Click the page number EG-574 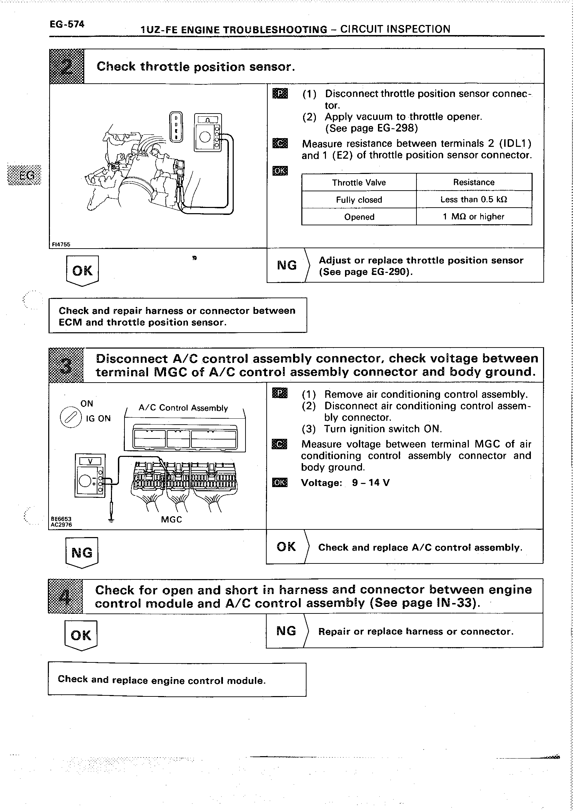click(67, 24)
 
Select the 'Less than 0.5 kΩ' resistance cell click(474, 200)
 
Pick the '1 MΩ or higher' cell click(474, 217)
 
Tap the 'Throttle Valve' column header click(359, 183)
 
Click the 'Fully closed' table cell click(359, 200)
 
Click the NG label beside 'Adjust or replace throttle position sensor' click(287, 265)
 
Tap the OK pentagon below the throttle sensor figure click(83, 271)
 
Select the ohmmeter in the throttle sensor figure click(208, 132)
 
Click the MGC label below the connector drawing click(171, 520)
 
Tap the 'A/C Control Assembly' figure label click(183, 408)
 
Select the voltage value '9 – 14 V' click(371, 483)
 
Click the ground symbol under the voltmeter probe click(111, 520)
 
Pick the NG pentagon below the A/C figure click(82, 552)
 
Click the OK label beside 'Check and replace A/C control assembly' click(286, 547)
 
